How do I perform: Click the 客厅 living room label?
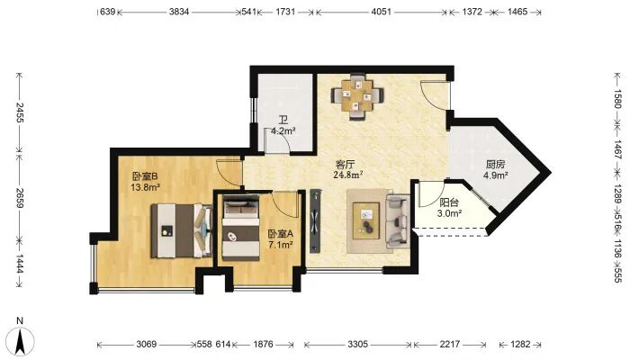point(345,165)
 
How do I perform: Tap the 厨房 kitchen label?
point(495,165)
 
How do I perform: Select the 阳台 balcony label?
point(449,202)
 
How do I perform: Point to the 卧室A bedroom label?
point(281,234)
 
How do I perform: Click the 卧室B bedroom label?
point(145,176)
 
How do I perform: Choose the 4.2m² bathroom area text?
point(283,130)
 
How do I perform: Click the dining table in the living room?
point(357,96)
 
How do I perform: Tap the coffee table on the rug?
point(366,220)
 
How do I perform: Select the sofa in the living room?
point(397,221)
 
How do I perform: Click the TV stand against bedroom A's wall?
point(315,220)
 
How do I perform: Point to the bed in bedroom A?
point(241,228)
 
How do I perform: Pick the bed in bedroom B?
point(181,230)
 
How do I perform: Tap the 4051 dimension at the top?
point(381,12)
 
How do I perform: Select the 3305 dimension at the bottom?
point(358,345)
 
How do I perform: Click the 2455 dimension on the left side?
point(20,112)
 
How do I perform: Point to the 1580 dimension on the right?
point(617,99)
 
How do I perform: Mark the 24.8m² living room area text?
point(348,175)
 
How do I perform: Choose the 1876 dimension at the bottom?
point(263,345)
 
